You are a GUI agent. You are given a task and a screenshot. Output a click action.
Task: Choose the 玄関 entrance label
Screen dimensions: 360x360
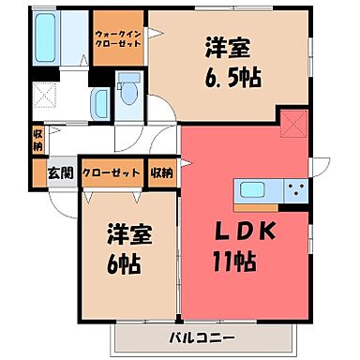[x=60, y=172]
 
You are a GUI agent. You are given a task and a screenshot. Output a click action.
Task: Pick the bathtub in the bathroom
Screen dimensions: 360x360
[x=47, y=37]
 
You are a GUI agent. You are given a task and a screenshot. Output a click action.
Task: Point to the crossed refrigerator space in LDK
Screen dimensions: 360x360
[x=293, y=123]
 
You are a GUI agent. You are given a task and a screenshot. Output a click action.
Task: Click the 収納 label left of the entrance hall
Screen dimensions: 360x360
[x=37, y=141]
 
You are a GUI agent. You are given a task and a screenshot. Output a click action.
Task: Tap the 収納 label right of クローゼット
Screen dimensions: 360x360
[x=161, y=172]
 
